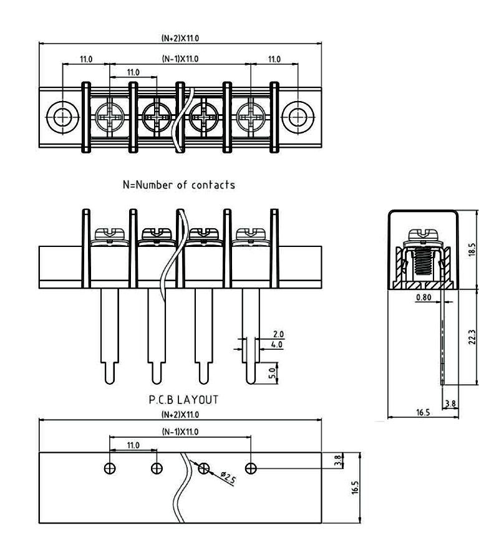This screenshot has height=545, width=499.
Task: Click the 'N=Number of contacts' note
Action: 179,185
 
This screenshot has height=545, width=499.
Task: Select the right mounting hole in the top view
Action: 296,116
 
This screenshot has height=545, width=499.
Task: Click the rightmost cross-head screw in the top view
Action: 250,116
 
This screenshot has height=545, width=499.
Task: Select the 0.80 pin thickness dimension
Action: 424,297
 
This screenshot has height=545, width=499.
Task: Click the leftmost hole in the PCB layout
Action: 109,468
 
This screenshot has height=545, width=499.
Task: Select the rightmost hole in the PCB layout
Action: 250,468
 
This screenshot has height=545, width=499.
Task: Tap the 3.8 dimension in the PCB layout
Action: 338,460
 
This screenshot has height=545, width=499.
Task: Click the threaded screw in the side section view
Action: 424,263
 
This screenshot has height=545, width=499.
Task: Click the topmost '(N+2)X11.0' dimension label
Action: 180,37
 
